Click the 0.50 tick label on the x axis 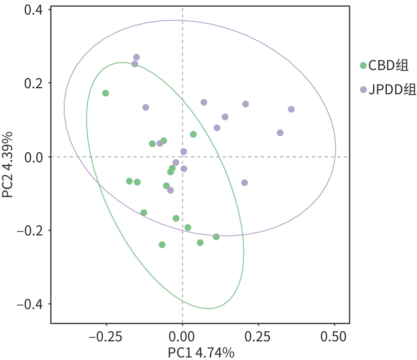[334, 336]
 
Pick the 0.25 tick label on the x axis [258, 336]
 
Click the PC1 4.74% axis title [201, 352]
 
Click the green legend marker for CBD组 [363, 65]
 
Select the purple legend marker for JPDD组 [363, 90]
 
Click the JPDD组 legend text [392, 90]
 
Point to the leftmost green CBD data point [105, 93]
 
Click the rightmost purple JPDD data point [291, 109]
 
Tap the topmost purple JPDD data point [136, 57]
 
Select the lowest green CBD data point [162, 245]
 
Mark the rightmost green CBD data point [216, 236]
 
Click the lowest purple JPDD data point [170, 190]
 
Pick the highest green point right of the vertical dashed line [193, 134]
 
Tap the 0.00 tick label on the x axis [183, 336]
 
